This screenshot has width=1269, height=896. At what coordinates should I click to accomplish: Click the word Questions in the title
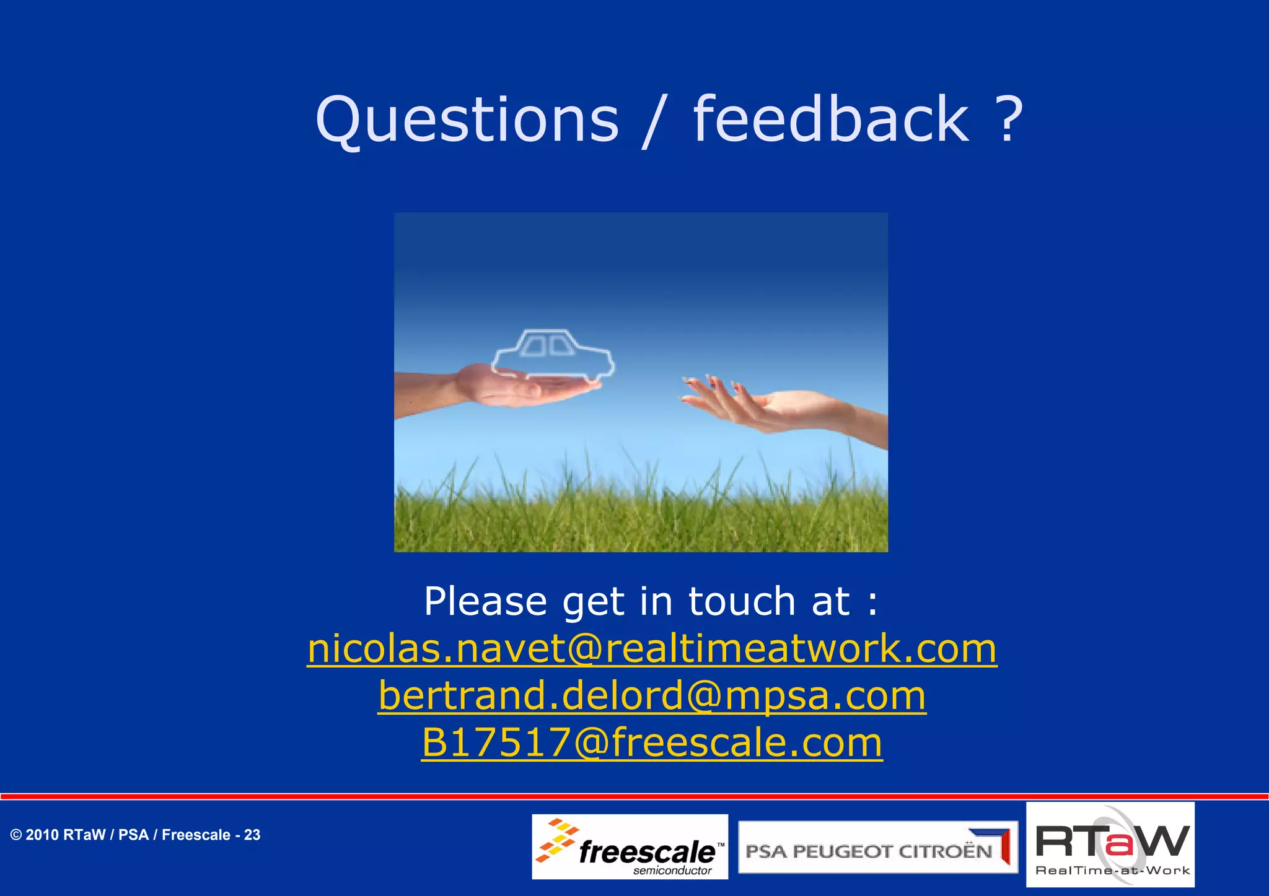click(467, 120)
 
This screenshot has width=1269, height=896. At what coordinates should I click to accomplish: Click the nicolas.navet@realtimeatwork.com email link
click(652, 649)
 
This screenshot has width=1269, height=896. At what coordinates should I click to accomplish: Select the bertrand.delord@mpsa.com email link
click(652, 696)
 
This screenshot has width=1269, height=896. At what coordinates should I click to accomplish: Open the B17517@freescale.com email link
click(652, 742)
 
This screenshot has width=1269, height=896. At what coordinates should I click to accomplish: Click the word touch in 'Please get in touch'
click(741, 602)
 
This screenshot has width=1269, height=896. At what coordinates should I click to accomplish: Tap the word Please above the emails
click(485, 602)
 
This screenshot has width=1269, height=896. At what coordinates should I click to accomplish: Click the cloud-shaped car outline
click(553, 355)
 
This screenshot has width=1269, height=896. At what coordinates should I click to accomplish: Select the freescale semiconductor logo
click(630, 847)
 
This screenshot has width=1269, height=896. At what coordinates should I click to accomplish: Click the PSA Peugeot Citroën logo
click(877, 848)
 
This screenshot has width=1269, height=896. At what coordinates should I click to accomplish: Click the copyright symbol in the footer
click(16, 835)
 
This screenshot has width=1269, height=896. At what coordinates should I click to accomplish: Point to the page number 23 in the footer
click(252, 835)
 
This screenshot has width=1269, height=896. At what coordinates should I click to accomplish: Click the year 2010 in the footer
click(42, 835)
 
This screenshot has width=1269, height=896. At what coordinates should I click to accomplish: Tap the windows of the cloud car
click(547, 346)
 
